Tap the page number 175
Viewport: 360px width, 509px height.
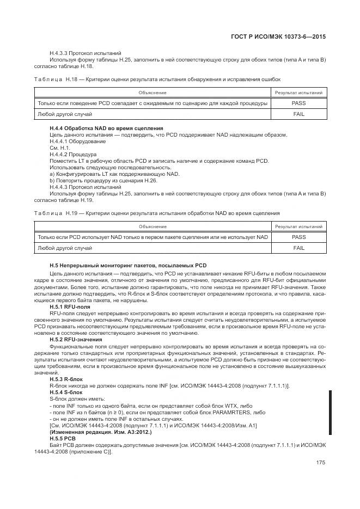tap(320, 463)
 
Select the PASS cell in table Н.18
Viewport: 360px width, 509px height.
tap(298, 103)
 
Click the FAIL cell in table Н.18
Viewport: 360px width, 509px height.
tap(298, 114)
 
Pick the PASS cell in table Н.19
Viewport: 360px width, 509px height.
tap(298, 237)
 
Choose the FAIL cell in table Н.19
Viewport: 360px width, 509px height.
tap(298, 248)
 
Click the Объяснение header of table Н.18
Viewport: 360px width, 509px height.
tap(152, 93)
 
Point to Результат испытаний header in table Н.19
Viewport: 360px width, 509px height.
tap(298, 226)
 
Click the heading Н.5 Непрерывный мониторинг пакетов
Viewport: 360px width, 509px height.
tap(128, 265)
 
